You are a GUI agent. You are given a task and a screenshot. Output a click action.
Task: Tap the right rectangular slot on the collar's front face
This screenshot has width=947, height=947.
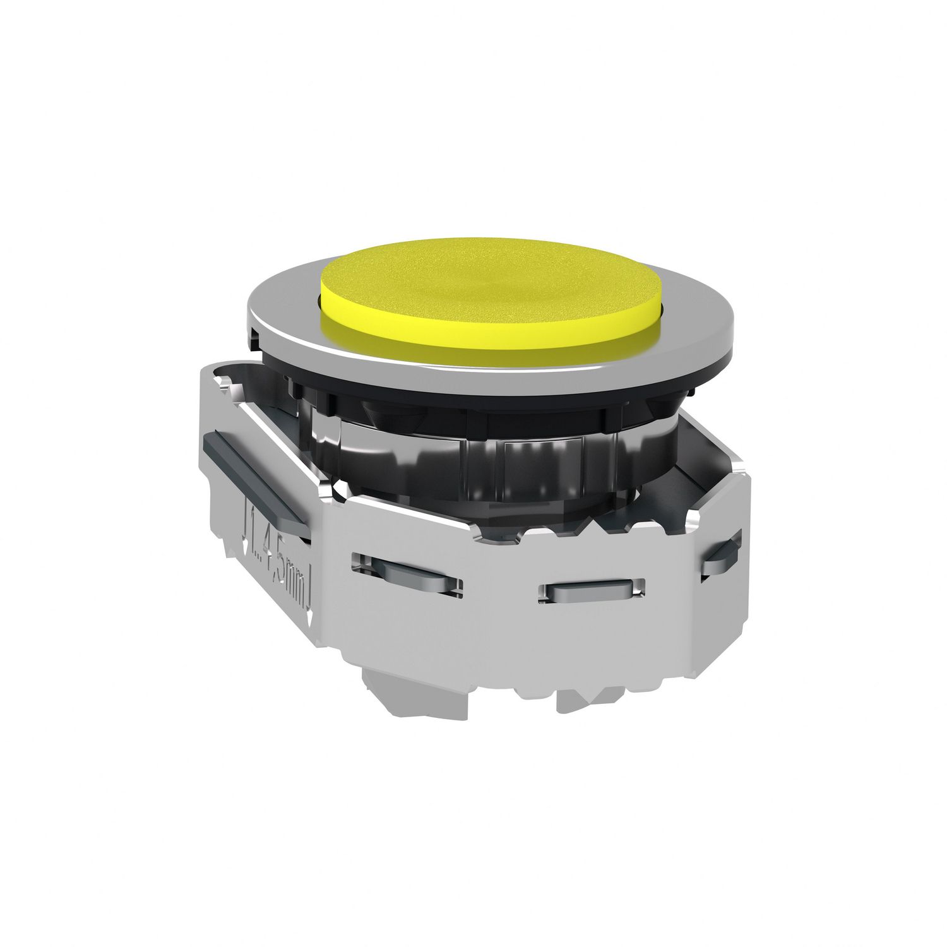[x=590, y=590]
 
